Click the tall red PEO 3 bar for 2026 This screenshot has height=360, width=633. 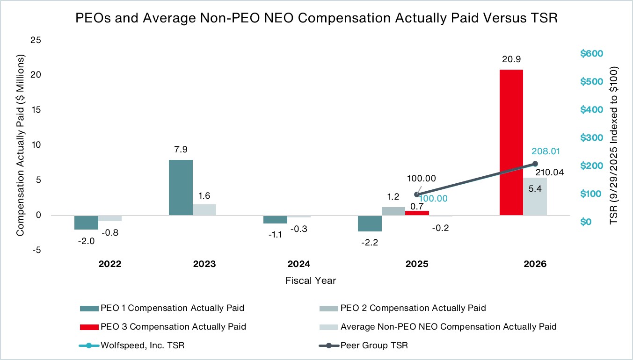(511, 143)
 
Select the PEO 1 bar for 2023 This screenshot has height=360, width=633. (181, 188)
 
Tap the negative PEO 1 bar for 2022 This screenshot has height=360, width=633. (86, 223)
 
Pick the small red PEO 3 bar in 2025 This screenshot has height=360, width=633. (417, 213)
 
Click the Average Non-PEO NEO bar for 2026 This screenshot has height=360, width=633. (535, 196)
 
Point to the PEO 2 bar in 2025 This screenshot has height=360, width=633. (393, 211)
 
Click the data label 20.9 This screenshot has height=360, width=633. (511, 59)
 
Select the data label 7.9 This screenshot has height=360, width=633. (181, 149)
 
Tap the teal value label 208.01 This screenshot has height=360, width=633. (546, 151)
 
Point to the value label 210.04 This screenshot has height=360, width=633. (550, 172)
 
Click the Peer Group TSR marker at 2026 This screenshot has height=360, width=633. (535, 164)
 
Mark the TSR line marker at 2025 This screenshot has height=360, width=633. (416, 194)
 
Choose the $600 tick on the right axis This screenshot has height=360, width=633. (591, 53)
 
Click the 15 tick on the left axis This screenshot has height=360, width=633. (36, 109)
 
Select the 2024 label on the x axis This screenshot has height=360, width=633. (299, 264)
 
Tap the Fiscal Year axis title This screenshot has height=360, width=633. (311, 281)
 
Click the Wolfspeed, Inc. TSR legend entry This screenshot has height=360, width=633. (131, 346)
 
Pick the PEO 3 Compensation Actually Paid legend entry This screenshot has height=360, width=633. (163, 327)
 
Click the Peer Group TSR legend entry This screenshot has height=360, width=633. (364, 346)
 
